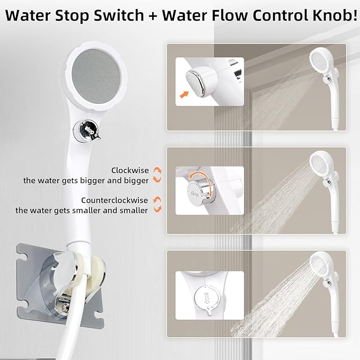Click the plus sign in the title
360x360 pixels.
tap(153, 16)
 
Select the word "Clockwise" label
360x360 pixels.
tap(130, 170)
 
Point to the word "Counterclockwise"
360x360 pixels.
tap(115, 200)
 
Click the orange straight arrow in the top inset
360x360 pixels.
tap(184, 94)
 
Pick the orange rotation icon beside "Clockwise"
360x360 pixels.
tap(157, 175)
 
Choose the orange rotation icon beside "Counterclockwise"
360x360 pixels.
tap(157, 204)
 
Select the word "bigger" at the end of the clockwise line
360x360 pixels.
tap(136, 181)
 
